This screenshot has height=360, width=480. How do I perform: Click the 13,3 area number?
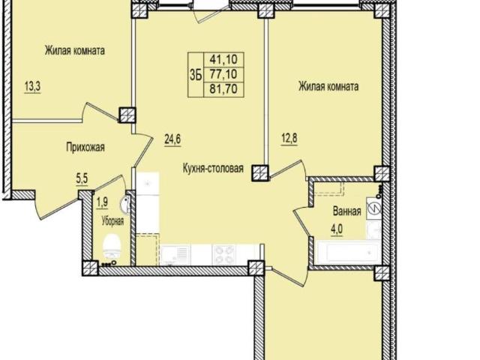(32, 87)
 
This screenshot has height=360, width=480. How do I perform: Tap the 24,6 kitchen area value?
(173, 139)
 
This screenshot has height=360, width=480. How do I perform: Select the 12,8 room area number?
(289, 138)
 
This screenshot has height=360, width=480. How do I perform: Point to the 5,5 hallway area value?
(82, 178)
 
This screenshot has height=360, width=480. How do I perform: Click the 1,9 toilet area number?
(102, 202)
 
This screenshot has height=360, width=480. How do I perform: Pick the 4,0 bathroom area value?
(337, 229)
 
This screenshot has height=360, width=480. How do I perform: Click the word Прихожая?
(85, 148)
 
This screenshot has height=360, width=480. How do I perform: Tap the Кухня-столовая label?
(213, 168)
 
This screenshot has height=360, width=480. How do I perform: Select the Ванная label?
(346, 211)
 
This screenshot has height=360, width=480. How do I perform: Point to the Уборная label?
(112, 221)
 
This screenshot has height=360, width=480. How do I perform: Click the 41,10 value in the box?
(223, 59)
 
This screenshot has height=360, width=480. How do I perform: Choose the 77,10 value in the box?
(223, 74)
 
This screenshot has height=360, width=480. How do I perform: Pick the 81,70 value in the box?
(223, 89)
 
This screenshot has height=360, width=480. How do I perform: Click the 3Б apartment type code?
(196, 75)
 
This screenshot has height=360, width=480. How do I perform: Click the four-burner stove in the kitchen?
(224, 255)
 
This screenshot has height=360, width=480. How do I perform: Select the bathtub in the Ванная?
(349, 253)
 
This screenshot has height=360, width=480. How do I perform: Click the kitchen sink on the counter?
(175, 255)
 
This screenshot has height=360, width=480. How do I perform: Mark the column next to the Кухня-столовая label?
(260, 172)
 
